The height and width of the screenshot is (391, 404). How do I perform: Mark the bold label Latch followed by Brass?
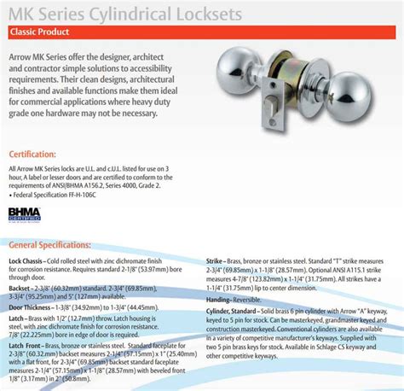pyautogui.click(x=17, y=317)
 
